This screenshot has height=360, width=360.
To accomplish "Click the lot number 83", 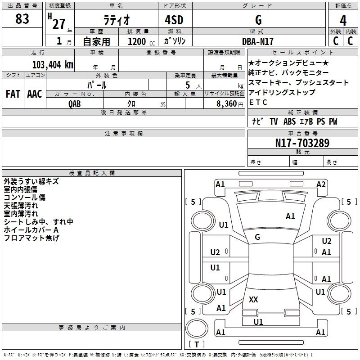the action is click(x=22, y=18).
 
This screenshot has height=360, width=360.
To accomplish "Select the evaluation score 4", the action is click(x=343, y=21).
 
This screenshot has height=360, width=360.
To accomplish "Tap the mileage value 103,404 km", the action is click(x=53, y=65).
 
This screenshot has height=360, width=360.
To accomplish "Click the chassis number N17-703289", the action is click(x=302, y=143).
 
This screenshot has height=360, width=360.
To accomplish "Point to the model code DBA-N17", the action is click(x=257, y=41).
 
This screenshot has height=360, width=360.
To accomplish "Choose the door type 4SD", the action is click(x=174, y=20).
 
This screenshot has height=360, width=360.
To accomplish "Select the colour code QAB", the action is click(x=75, y=104).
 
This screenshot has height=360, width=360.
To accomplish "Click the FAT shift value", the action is click(x=13, y=94).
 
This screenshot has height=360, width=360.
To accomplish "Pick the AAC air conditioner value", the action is click(x=35, y=94).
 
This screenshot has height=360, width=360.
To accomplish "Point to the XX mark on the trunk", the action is click(x=253, y=299).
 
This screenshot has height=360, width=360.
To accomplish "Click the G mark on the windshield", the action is click(x=257, y=237).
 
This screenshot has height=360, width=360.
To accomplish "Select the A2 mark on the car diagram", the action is click(x=321, y=184).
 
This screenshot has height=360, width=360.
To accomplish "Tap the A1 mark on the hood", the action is click(x=290, y=216).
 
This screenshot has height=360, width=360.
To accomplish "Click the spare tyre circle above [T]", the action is click(x=197, y=328).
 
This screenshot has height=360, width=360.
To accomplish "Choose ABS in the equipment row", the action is click(x=289, y=121).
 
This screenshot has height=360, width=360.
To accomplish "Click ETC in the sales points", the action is click(x=258, y=103).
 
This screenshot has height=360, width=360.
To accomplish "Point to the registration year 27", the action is click(x=59, y=24).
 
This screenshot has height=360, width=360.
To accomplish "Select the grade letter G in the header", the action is click(x=258, y=20).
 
